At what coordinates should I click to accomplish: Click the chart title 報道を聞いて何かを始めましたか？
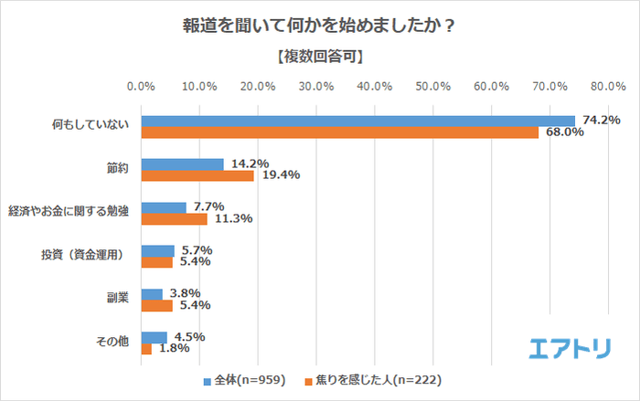(x=320, y=26)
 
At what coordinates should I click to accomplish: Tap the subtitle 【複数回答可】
(x=320, y=57)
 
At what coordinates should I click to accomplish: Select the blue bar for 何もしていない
(x=357, y=121)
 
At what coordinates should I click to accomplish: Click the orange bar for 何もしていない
(x=339, y=132)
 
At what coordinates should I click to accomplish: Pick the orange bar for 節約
(x=197, y=175)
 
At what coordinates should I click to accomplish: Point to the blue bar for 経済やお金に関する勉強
(x=164, y=207)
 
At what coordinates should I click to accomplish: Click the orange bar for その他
(x=146, y=349)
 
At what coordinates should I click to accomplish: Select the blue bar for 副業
(x=152, y=294)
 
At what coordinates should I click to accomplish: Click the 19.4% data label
(x=279, y=175)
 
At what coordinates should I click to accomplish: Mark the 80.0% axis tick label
(x=608, y=87)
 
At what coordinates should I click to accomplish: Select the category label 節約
(x=117, y=168)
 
